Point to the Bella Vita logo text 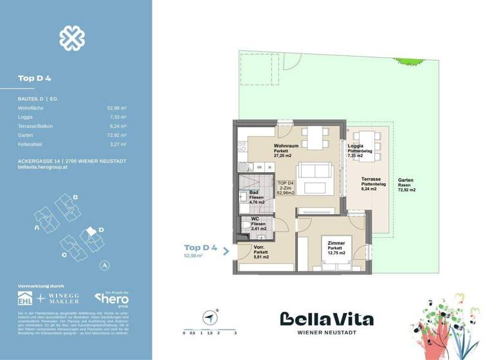pos(326,319)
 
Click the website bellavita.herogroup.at pos(44,167)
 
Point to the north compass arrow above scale pos(209,316)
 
